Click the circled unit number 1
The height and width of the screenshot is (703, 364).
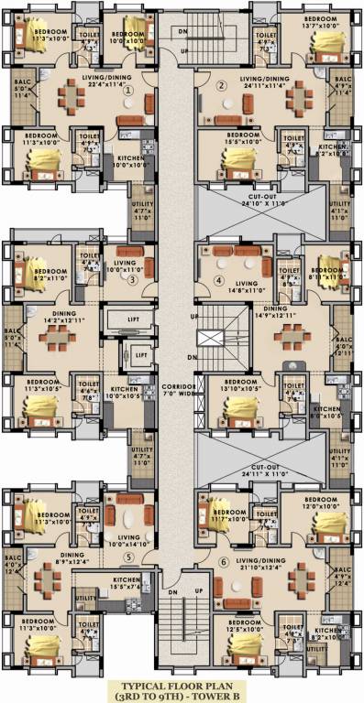(128, 91)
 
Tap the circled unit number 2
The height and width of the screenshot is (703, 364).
(221, 86)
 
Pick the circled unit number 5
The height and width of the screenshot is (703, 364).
(129, 557)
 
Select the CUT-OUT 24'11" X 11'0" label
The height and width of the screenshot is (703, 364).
(261, 451)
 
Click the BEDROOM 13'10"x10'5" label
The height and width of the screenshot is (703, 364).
(242, 384)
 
